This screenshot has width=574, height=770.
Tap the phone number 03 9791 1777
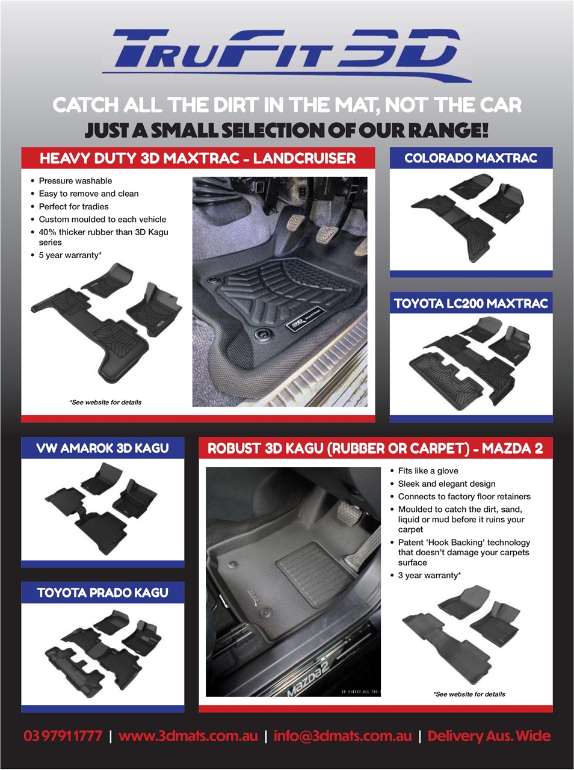tap(63, 736)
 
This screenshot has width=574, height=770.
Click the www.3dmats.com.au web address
tap(188, 736)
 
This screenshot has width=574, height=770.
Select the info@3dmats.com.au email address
tap(342, 736)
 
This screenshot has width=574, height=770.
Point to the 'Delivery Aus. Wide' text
tap(489, 736)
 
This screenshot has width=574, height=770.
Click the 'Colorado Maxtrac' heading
tap(471, 158)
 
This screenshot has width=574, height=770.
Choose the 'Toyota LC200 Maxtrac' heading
tap(471, 303)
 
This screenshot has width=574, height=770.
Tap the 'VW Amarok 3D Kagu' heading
tap(102, 448)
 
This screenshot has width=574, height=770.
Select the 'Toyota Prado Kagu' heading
tap(102, 593)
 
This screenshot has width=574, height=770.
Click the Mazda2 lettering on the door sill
tap(308, 679)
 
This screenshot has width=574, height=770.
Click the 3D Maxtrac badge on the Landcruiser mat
tap(304, 319)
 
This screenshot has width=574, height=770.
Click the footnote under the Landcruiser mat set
tap(105, 402)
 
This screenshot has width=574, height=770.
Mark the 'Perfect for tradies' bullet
tap(73, 206)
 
